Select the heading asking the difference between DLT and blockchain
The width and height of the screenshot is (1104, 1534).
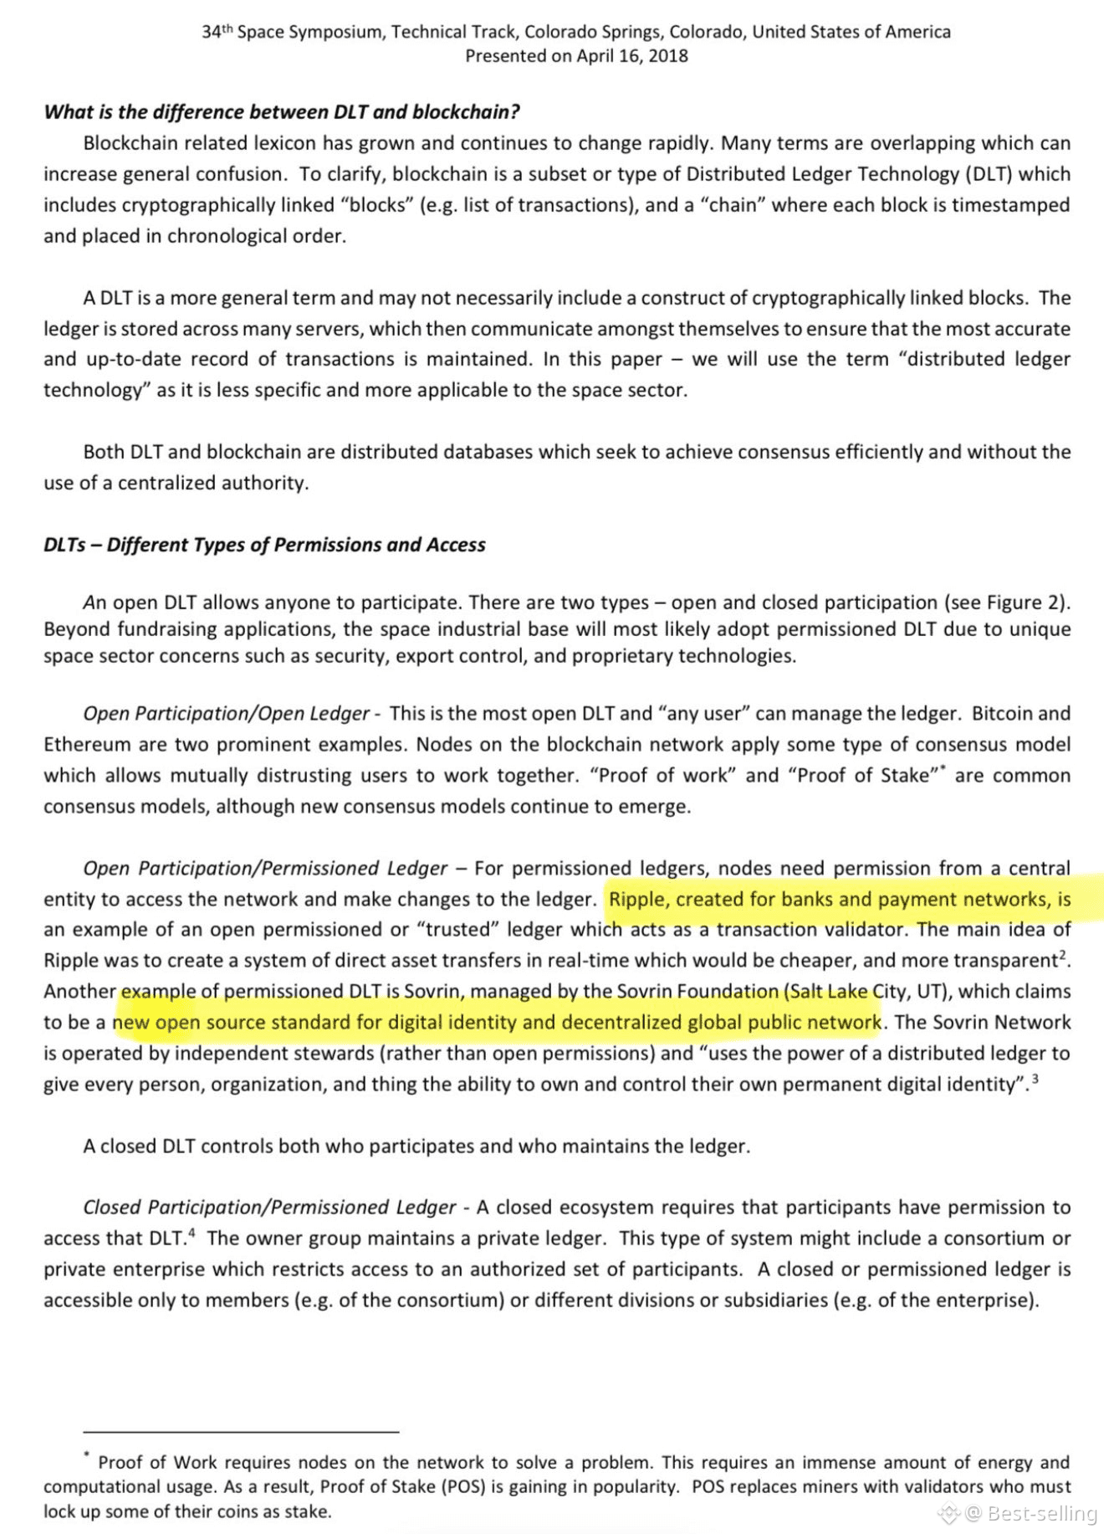coord(282,112)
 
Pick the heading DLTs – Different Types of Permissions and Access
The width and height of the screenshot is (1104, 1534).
coord(264,545)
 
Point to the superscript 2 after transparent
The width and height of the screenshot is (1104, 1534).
coord(1063,955)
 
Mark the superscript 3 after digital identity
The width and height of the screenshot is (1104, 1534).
coord(1035,1080)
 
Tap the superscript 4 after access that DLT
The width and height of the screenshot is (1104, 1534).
coord(192,1233)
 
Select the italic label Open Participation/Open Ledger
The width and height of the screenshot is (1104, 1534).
coord(226,714)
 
